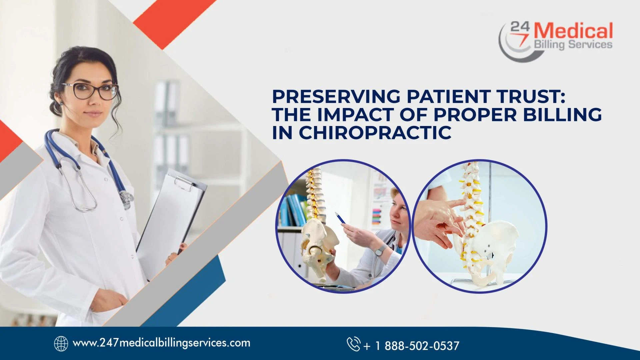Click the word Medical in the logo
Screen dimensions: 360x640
(x=573, y=31)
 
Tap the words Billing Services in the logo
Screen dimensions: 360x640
(x=573, y=44)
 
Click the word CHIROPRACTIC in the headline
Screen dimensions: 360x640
(x=375, y=132)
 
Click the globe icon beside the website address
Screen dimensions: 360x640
(x=61, y=343)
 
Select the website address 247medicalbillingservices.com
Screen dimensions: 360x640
(x=161, y=343)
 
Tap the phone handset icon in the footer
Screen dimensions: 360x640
(x=353, y=344)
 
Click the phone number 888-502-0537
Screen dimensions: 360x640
(x=422, y=346)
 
